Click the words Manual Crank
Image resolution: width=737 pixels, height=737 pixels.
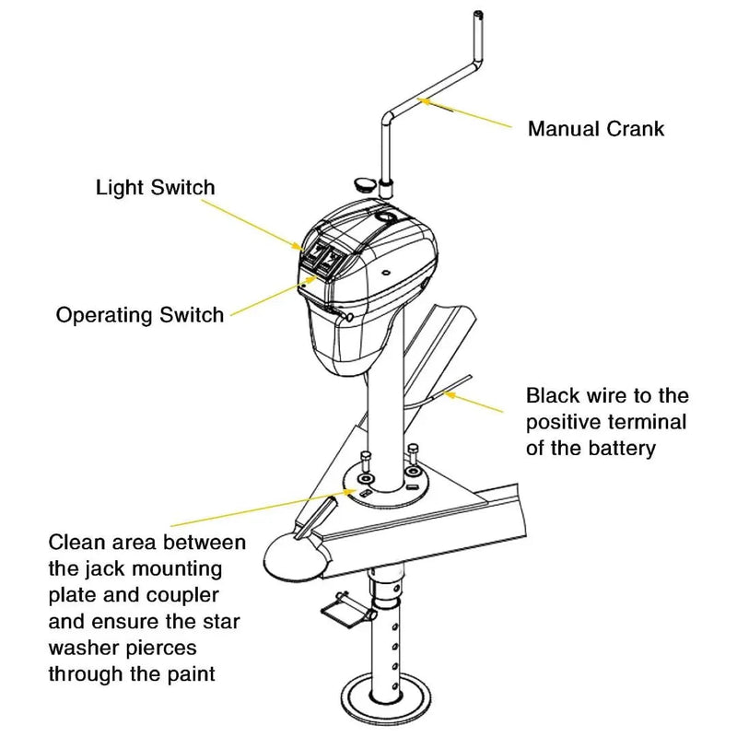[595, 128]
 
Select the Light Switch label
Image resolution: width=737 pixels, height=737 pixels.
[155, 188]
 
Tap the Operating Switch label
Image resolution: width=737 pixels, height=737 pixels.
[139, 315]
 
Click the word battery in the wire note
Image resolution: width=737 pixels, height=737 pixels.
[624, 449]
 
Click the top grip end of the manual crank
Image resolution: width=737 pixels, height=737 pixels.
[479, 17]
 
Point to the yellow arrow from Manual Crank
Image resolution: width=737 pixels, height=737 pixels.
[466, 114]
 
